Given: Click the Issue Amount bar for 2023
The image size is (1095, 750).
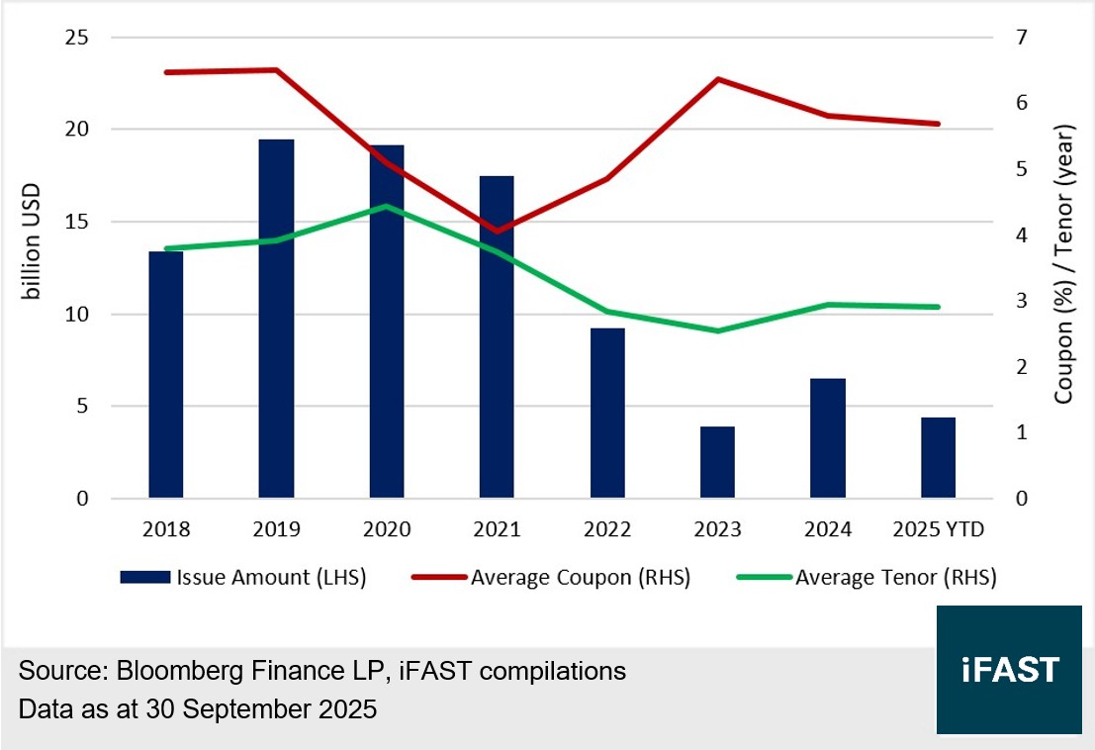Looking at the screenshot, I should pos(717,462).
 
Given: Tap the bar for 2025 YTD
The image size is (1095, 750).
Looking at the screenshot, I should pos(938,458).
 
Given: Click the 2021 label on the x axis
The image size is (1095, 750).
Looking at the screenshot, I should pos(497,529).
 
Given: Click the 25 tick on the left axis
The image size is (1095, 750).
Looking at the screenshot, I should pos(76,38).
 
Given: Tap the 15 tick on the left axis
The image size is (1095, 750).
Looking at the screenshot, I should pos(76,222).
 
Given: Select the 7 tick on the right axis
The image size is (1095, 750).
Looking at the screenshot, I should pos(1021,38).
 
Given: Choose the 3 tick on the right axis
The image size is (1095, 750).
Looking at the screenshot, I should pos(1021,301).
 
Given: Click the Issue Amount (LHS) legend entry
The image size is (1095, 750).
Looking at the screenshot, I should pos(243,578).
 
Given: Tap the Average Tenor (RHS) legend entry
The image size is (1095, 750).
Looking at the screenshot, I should pos(868,578).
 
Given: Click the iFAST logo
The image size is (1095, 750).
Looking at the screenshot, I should pos(1009,670).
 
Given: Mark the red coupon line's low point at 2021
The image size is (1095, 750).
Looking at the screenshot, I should pos(497,232).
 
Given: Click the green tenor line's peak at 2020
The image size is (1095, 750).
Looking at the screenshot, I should pos(387,207).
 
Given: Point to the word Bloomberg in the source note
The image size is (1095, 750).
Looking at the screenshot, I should pos(172,671).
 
